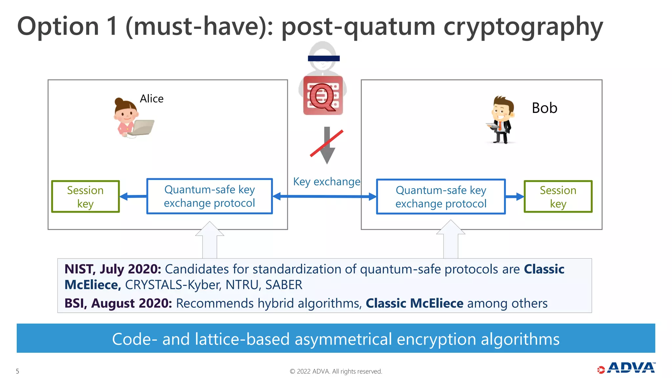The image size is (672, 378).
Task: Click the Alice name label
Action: (x=151, y=98)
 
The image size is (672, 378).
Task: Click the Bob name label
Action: (x=544, y=108)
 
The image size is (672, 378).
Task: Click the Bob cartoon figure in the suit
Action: (x=501, y=120)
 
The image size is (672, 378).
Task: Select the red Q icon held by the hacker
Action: (x=323, y=96)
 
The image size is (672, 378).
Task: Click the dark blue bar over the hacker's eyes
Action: (x=324, y=58)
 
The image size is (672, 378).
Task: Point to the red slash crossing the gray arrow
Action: (x=326, y=143)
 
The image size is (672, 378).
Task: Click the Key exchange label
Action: (x=326, y=181)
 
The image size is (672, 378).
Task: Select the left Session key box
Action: (x=85, y=197)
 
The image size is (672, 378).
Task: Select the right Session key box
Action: (x=558, y=197)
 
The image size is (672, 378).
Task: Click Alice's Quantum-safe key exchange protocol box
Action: (x=209, y=196)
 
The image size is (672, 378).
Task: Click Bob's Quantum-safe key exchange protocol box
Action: (x=441, y=197)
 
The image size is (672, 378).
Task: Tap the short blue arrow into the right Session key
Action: (x=514, y=197)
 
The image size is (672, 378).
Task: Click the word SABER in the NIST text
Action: (x=283, y=285)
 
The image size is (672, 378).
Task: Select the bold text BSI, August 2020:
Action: (x=118, y=303)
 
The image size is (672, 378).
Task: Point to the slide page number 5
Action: (x=17, y=371)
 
